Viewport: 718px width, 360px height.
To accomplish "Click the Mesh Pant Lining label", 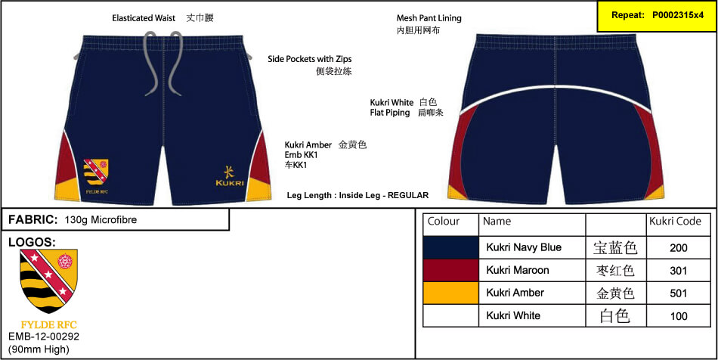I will [429, 18].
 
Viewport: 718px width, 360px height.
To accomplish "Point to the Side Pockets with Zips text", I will [309, 59].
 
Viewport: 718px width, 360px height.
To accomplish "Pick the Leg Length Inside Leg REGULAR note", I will [357, 195].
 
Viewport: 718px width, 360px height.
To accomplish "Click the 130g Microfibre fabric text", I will [101, 220].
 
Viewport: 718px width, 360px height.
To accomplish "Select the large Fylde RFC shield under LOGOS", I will [48, 281].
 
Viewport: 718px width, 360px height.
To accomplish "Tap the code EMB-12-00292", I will [44, 337].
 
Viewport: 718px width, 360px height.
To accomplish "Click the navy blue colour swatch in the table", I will [451, 247].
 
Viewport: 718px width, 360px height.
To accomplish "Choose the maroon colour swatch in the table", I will [451, 270].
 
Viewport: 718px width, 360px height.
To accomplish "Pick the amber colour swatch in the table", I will [451, 293].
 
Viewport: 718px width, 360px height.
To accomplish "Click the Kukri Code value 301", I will [678, 271].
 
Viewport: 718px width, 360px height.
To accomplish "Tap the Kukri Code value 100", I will [678, 316].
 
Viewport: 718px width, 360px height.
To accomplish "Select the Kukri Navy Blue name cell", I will [524, 247].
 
